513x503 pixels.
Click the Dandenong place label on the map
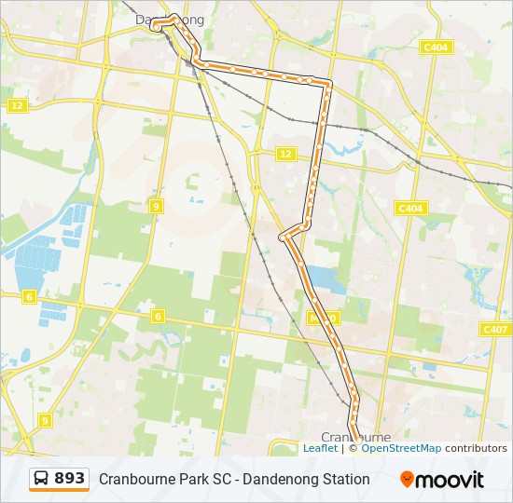[x=170, y=20]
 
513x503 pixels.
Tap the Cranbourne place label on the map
[x=355, y=436]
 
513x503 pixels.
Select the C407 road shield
[x=495, y=330]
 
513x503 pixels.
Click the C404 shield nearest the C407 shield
[x=411, y=209]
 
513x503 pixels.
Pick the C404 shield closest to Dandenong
[x=435, y=47]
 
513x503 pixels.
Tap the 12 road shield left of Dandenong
[x=18, y=105]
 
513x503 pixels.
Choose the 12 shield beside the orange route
[x=285, y=155]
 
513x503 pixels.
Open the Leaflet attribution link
[x=320, y=448]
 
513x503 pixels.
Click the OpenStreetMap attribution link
[x=401, y=448]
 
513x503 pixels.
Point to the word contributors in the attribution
[x=476, y=448]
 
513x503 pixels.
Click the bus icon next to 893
[x=42, y=479]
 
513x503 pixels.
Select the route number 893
[x=70, y=479]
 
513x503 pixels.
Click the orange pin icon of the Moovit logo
[x=408, y=479]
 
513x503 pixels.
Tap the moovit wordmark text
[x=450, y=480]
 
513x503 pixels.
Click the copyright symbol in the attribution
[x=353, y=448]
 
